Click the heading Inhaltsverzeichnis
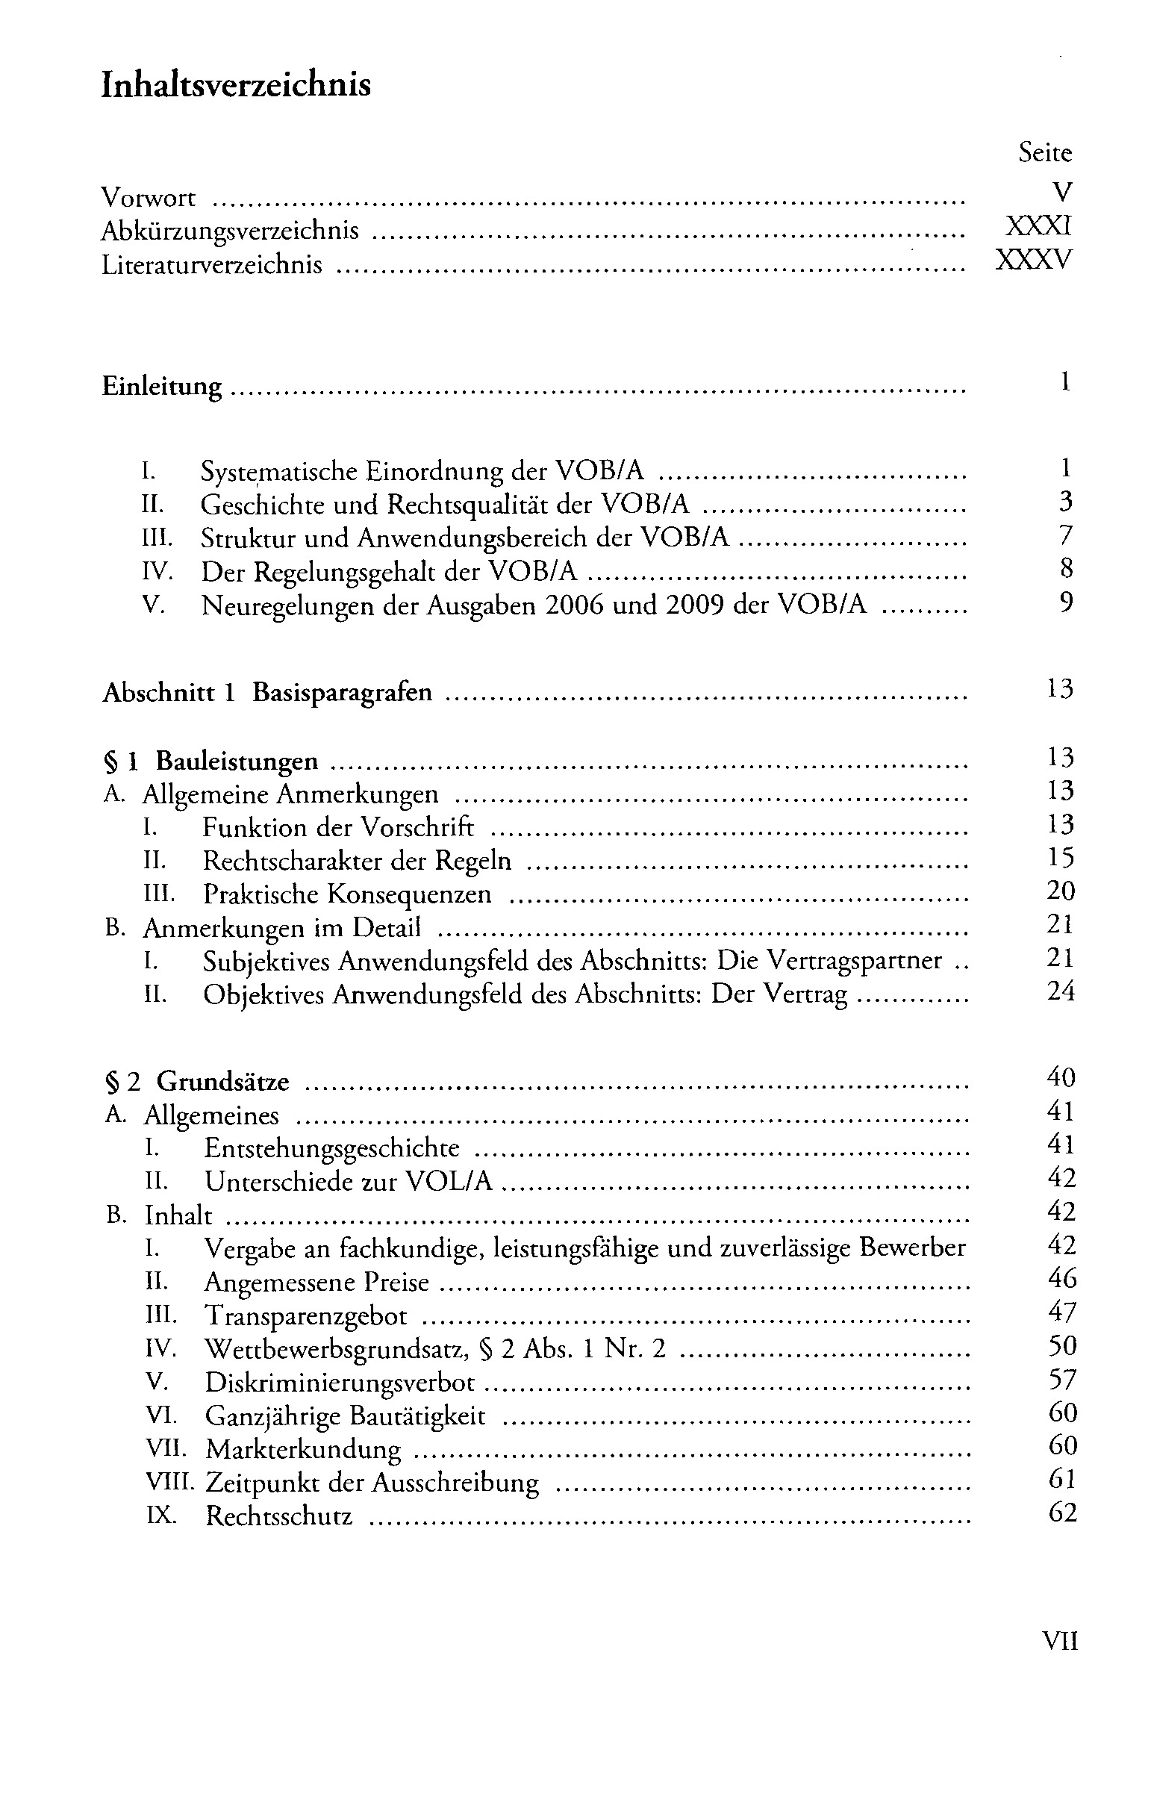pyautogui.click(x=235, y=86)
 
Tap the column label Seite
pyautogui.click(x=1044, y=153)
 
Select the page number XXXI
pyautogui.click(x=1038, y=226)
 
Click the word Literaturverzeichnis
pyautogui.click(x=211, y=265)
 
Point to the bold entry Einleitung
pyautogui.click(x=161, y=387)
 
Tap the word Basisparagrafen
pyautogui.click(x=343, y=693)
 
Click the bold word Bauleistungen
pyautogui.click(x=237, y=762)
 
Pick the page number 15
pyautogui.click(x=1060, y=857)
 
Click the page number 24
pyautogui.click(x=1060, y=992)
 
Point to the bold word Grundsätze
pyautogui.click(x=222, y=1083)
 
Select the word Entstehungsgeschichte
pyautogui.click(x=333, y=1148)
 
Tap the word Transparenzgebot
pyautogui.click(x=307, y=1315)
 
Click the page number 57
pyautogui.click(x=1061, y=1379)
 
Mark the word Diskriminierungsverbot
pyautogui.click(x=340, y=1383)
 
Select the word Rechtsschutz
pyautogui.click(x=278, y=1517)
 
